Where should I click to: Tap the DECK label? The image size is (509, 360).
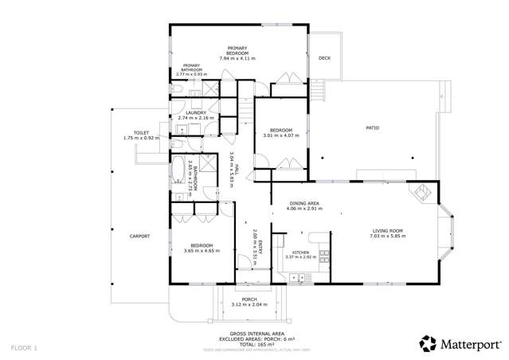[324, 58]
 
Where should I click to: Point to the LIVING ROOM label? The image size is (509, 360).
[387, 230]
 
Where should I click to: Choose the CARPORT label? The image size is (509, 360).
[140, 236]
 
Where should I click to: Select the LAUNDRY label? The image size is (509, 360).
[196, 113]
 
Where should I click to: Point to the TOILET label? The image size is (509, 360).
[142, 133]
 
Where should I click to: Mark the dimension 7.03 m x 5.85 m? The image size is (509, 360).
[388, 236]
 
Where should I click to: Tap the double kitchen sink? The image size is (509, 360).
[300, 277]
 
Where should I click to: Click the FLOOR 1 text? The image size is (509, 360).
[25, 348]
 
